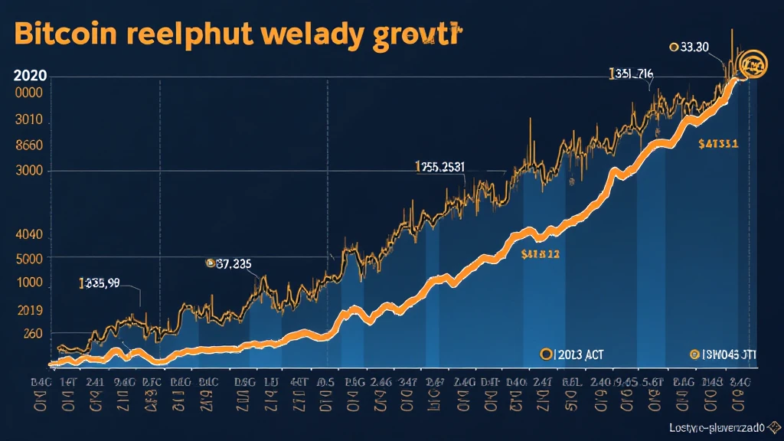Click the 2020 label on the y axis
tap(29, 76)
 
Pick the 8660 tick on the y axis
tap(28, 146)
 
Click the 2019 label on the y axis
tap(28, 312)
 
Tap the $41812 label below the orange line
tap(540, 253)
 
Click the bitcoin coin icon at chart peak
tap(754, 64)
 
